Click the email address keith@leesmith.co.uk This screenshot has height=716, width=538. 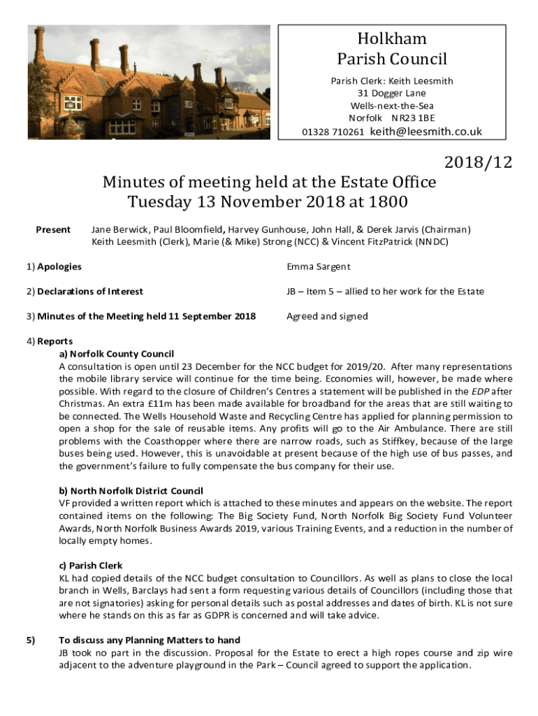point(426,131)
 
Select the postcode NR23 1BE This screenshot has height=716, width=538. point(413,118)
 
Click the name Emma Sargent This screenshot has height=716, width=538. point(318,266)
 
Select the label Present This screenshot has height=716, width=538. point(53,229)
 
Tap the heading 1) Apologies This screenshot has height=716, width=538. point(54,266)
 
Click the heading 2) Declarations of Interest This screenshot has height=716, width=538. point(85,291)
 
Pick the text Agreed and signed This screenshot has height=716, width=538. point(327,316)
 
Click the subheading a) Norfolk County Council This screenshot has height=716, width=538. point(117,354)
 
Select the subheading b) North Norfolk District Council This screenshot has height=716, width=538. point(131,491)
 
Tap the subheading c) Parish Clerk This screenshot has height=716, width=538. point(91,566)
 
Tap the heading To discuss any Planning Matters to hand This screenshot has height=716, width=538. point(150,640)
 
